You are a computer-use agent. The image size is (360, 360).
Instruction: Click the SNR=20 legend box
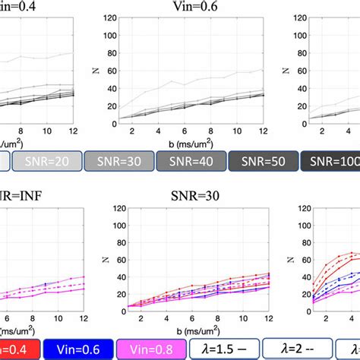tap(48, 161)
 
